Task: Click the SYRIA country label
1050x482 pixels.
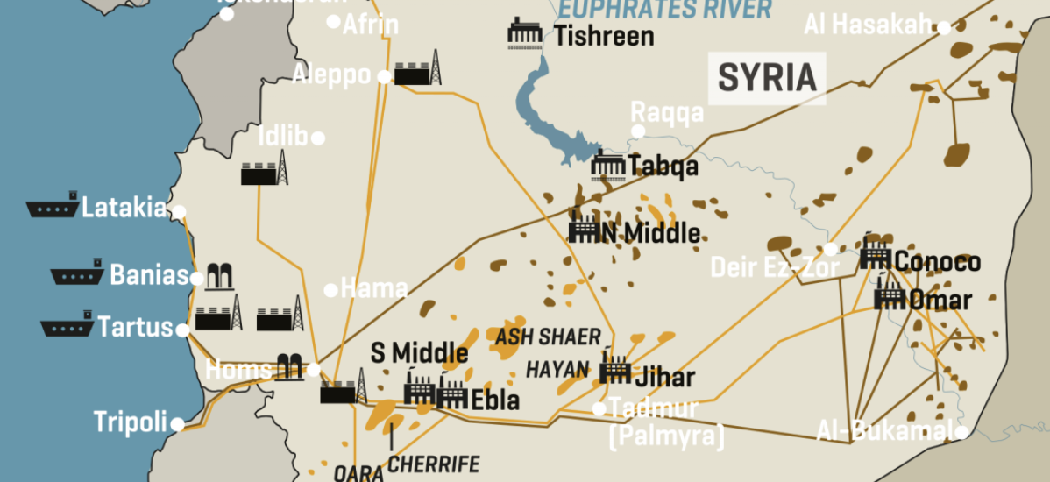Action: coord(767,78)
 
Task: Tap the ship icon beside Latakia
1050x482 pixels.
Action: coord(52,208)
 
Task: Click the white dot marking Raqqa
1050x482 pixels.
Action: coord(638,131)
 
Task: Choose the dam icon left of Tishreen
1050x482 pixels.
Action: coord(528,35)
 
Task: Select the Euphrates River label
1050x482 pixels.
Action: coord(666,10)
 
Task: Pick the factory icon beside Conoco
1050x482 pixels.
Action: coord(876,256)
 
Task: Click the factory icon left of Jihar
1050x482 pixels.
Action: coord(615,369)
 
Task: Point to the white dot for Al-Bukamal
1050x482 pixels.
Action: coord(961,431)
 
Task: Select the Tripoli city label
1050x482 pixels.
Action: coord(131,423)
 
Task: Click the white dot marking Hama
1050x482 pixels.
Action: coord(331,290)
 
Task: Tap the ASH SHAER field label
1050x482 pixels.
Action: coord(549,337)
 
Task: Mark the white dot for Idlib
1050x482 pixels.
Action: coord(318,138)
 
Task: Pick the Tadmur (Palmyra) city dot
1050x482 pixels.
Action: coord(599,408)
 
